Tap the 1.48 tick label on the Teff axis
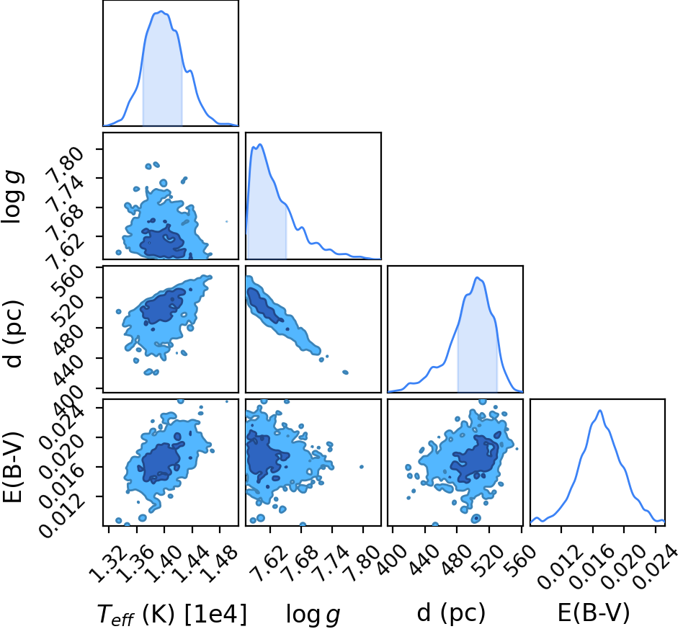coord(220,565)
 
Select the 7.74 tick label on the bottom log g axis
coord(331,565)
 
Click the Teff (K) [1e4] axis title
coord(171,615)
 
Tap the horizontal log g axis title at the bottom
coord(313,615)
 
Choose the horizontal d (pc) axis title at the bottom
coord(451,613)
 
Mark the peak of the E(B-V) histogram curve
coord(600,411)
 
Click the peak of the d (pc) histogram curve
coord(478,277)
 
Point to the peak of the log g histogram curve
coord(261,144)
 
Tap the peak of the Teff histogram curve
coord(161,12)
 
